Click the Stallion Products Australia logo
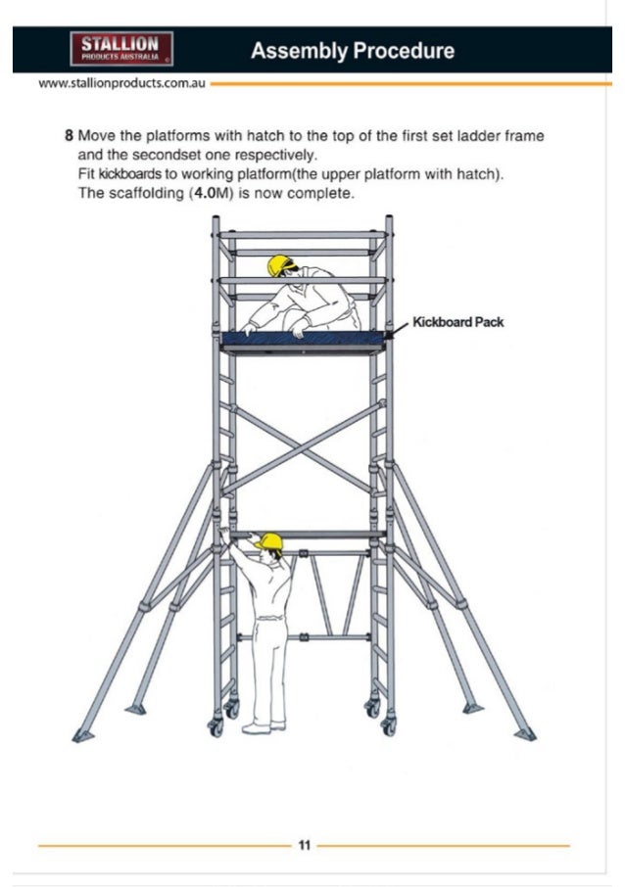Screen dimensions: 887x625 [x=120, y=48]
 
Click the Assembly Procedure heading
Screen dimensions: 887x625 [x=352, y=51]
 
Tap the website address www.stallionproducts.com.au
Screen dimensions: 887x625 [x=120, y=84]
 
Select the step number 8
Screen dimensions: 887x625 [x=69, y=135]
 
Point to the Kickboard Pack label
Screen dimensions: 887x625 [x=457, y=321]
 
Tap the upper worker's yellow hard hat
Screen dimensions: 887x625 [x=281, y=264]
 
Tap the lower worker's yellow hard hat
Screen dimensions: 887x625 [x=268, y=540]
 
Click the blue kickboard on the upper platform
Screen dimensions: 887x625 [x=304, y=339]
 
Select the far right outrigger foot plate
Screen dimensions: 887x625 [x=524, y=733]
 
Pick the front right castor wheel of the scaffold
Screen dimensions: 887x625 [x=389, y=726]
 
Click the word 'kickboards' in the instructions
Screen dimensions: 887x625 [x=122, y=173]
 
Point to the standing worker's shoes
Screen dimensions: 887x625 [x=260, y=726]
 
